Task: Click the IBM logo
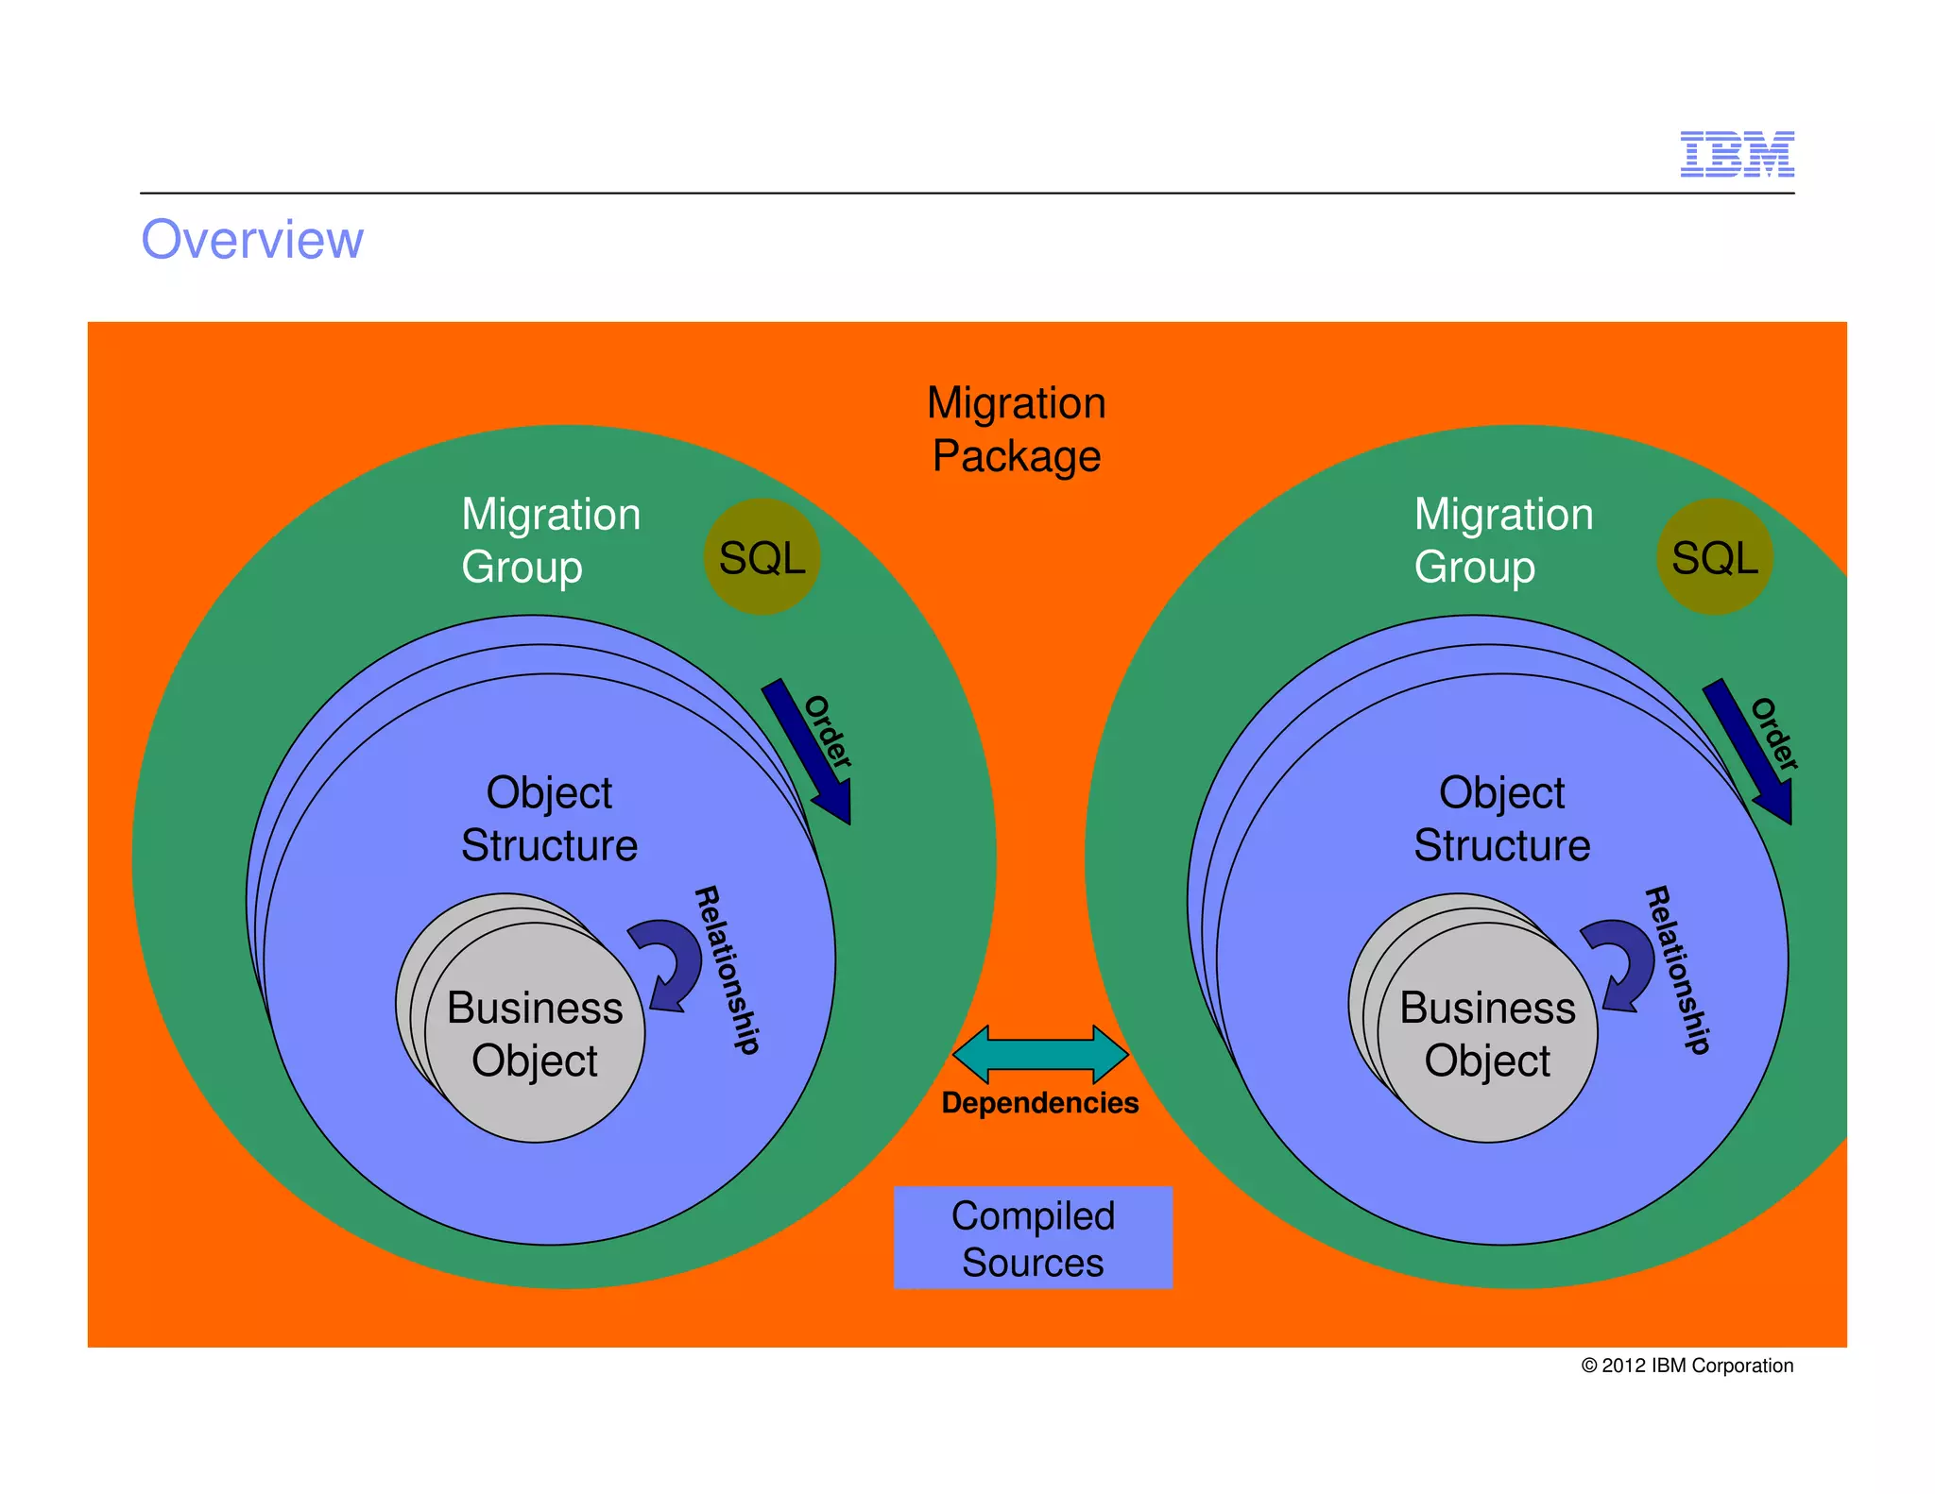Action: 1737,154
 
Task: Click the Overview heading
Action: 252,240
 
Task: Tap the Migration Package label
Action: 1016,430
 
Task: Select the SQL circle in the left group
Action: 762,557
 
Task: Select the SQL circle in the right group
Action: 1714,557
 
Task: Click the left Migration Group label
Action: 551,540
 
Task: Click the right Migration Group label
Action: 1503,540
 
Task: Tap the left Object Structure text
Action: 549,819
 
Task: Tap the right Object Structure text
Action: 1501,819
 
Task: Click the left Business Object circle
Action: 535,1034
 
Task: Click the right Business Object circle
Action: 1487,1034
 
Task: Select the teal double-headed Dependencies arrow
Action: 1040,1054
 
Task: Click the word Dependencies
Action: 1040,1103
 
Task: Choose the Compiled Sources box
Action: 1033,1238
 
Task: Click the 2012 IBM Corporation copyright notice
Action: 1687,1366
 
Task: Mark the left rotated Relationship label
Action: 727,970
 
